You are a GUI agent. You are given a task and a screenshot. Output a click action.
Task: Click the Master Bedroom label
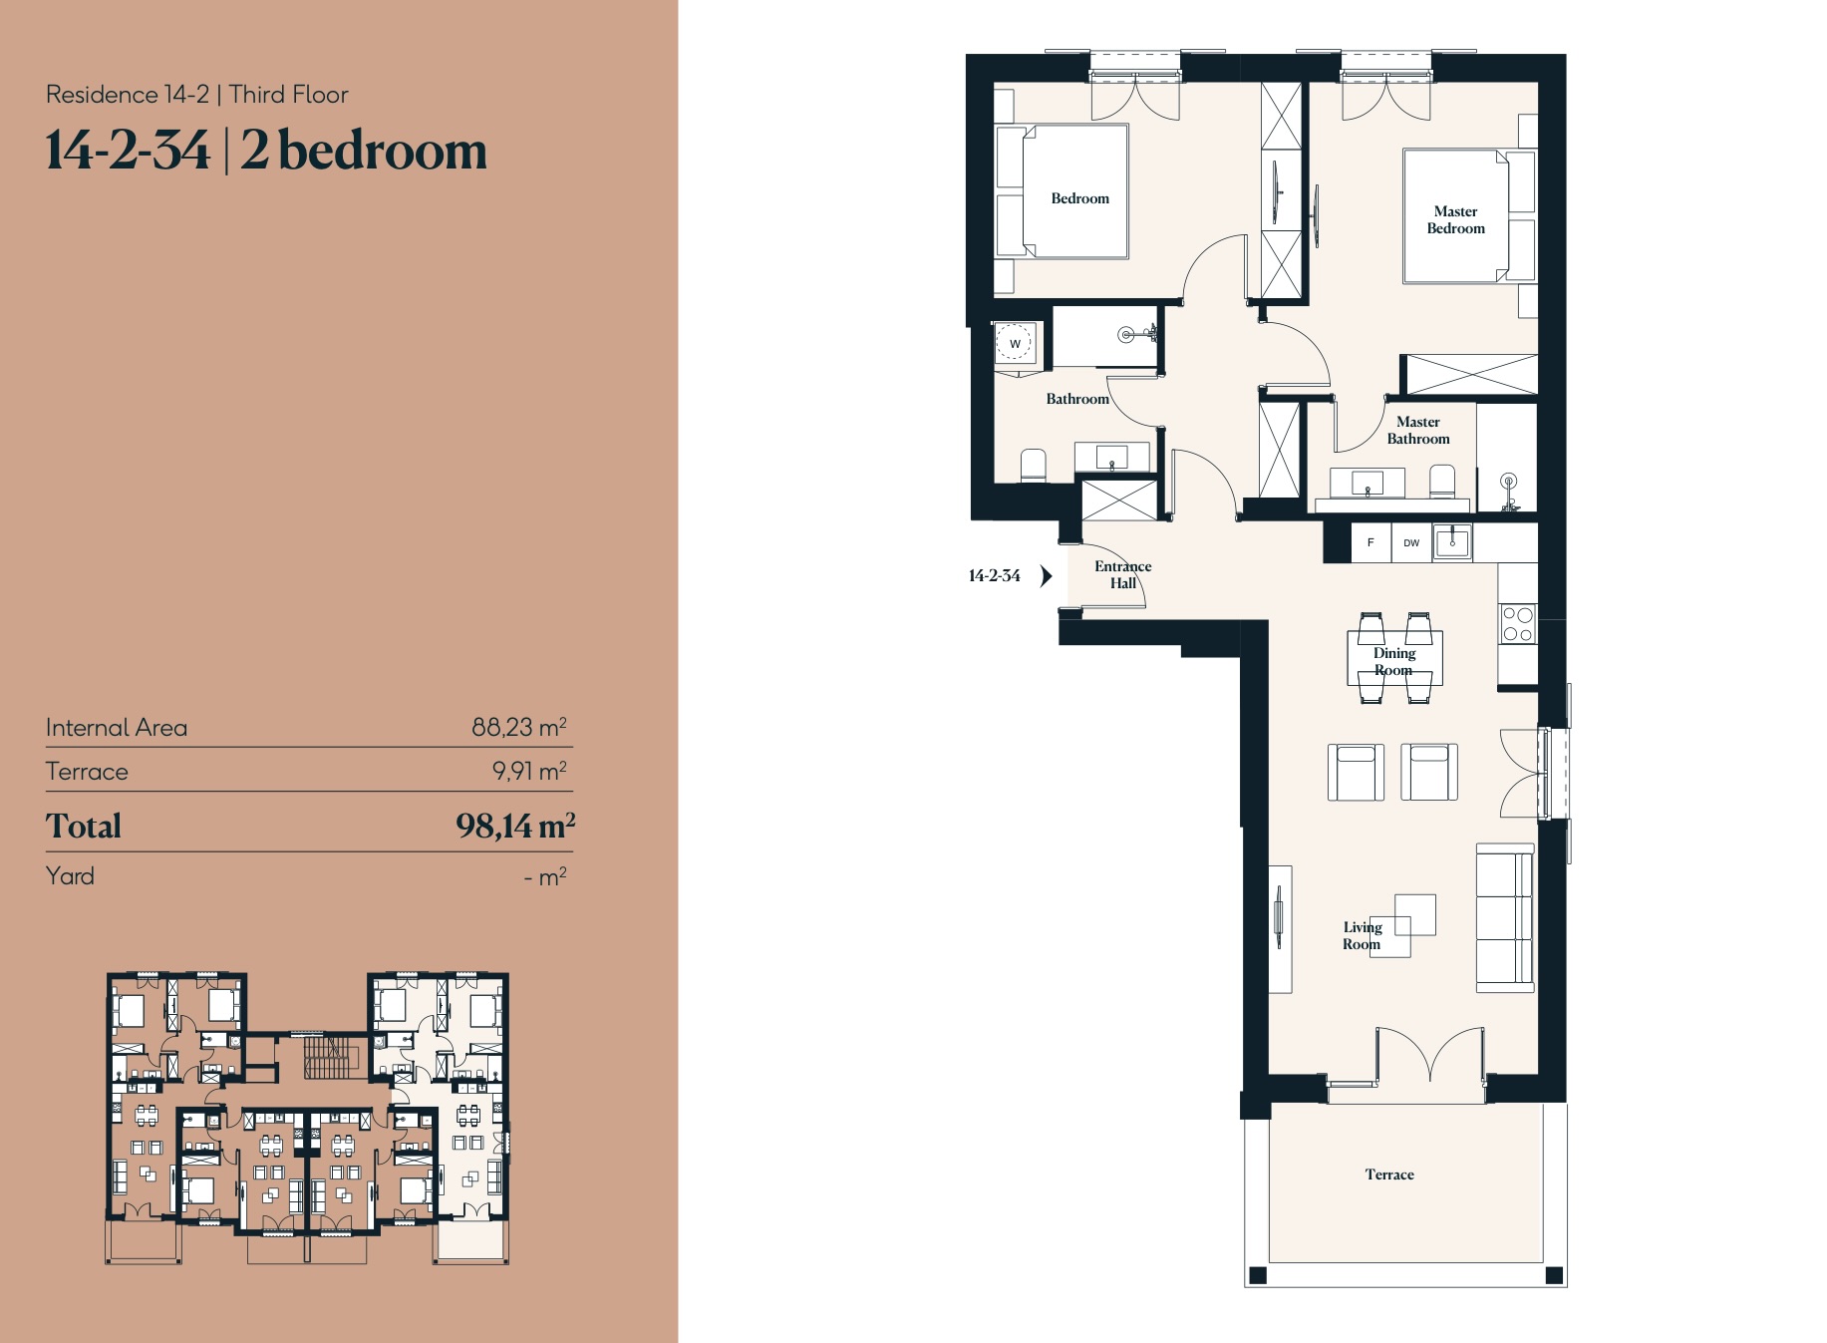click(x=1455, y=219)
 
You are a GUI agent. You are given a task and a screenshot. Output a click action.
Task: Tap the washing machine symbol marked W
click(x=1015, y=344)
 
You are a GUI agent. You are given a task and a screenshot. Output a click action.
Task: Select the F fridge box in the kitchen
click(x=1370, y=542)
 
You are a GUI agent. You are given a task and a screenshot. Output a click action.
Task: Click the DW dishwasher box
click(x=1411, y=542)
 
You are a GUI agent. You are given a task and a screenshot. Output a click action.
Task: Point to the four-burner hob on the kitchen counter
click(x=1517, y=624)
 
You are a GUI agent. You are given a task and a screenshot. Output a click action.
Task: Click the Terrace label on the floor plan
click(x=1389, y=1175)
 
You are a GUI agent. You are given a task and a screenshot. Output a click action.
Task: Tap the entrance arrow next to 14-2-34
click(x=1046, y=575)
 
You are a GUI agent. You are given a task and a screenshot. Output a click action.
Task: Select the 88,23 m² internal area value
click(x=518, y=727)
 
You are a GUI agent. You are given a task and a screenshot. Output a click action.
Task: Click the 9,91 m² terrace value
click(x=528, y=771)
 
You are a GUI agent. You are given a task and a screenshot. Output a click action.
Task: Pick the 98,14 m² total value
click(x=514, y=826)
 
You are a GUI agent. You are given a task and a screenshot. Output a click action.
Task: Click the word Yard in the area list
click(x=70, y=875)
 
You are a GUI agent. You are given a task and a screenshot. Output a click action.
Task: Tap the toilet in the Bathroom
click(x=1034, y=465)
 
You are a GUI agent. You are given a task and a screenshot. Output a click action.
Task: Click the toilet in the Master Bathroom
click(x=1441, y=482)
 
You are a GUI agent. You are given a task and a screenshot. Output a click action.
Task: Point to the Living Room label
click(x=1362, y=935)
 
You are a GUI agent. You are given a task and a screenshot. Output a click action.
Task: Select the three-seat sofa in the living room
click(x=1504, y=917)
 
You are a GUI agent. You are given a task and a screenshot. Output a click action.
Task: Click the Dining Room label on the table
click(x=1393, y=661)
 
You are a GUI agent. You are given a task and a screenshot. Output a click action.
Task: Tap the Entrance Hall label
click(x=1122, y=574)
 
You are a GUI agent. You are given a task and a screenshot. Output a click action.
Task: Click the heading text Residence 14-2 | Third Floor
click(x=197, y=95)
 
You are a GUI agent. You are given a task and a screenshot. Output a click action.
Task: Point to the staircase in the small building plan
click(x=330, y=1057)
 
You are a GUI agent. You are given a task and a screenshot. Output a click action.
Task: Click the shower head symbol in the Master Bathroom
click(x=1509, y=483)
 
